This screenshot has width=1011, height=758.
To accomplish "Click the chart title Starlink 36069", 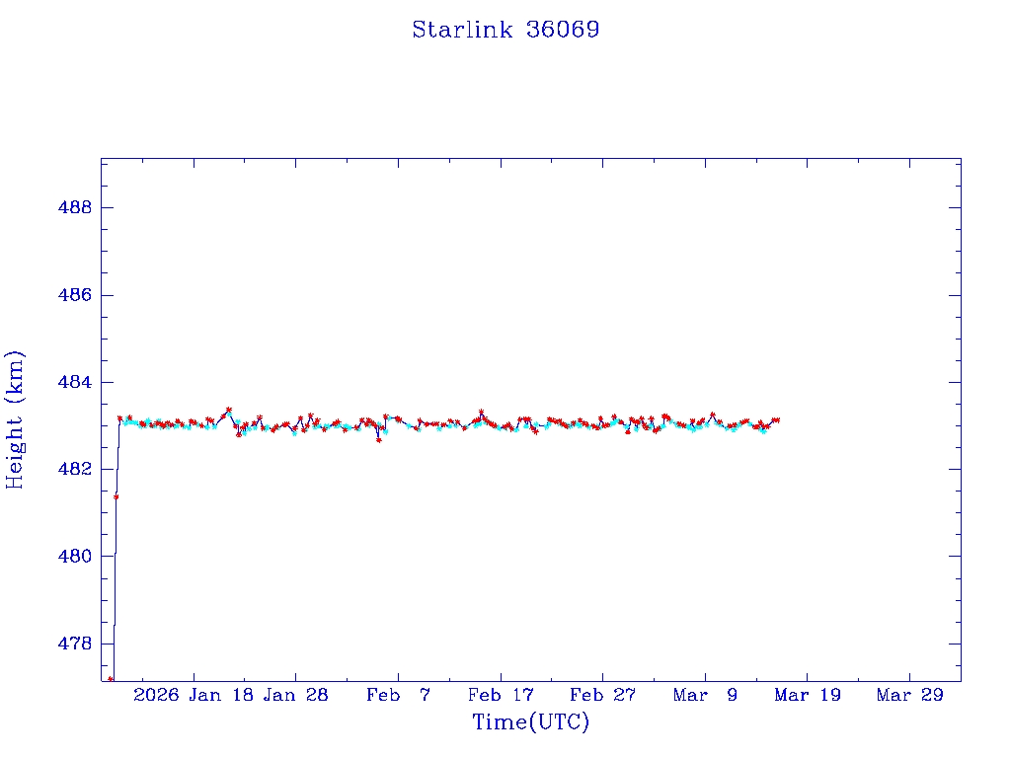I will pyautogui.click(x=505, y=30).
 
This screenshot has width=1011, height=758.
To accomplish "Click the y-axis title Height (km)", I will pyautogui.click(x=15, y=419).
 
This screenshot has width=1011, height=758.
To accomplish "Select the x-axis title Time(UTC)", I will pyautogui.click(x=530, y=722).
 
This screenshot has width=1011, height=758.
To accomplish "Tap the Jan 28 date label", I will pyautogui.click(x=295, y=695).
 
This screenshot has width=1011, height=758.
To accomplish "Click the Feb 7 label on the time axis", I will pyautogui.click(x=398, y=695).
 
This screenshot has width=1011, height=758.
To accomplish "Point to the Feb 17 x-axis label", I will pyautogui.click(x=501, y=695).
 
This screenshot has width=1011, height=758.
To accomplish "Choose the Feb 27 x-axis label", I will pyautogui.click(x=602, y=695).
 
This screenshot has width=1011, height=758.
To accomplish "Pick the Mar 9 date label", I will pyautogui.click(x=705, y=695).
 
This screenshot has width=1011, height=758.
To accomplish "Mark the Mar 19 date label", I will pyautogui.click(x=808, y=695).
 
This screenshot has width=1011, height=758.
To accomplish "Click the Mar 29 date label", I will pyautogui.click(x=909, y=695).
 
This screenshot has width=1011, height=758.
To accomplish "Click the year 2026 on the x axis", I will pyautogui.click(x=156, y=695).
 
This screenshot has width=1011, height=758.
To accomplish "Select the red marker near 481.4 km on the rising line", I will pyautogui.click(x=116, y=496).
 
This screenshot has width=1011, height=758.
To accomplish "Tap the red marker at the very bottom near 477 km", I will pyautogui.click(x=111, y=679).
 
